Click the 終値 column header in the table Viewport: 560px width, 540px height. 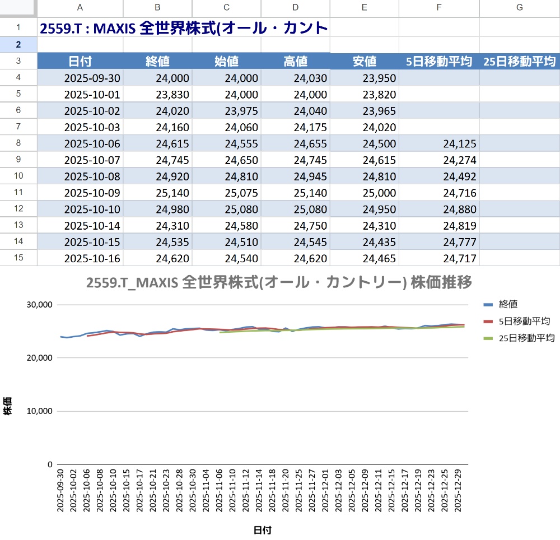157,62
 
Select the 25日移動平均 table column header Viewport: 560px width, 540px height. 519,62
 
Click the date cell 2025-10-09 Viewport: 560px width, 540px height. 92,193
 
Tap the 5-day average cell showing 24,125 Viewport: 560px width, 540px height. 459,144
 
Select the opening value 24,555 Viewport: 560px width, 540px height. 241,144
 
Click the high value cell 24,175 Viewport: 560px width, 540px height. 310,127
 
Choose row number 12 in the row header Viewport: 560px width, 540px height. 18,209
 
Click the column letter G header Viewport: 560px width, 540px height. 519,7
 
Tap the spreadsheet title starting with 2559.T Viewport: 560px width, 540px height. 184,27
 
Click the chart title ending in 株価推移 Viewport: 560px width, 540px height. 279,282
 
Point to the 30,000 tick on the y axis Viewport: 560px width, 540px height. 40,305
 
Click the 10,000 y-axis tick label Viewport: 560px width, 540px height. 40,411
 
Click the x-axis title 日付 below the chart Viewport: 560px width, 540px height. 262,529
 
